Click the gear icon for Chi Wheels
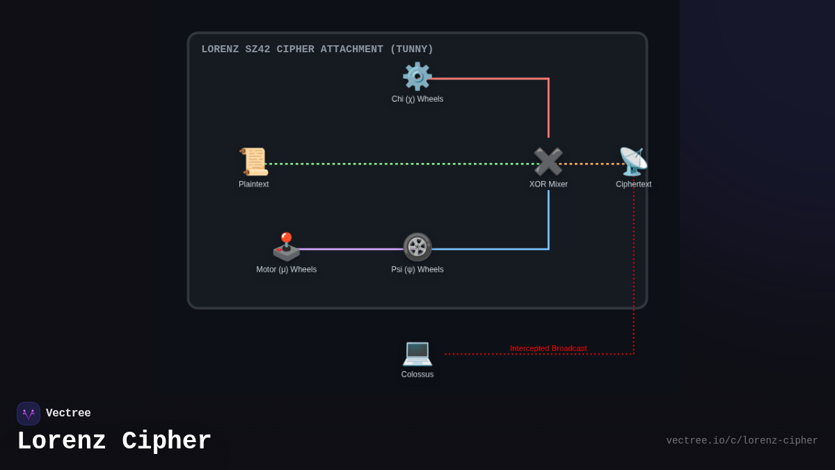point(417,77)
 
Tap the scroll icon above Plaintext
point(254,162)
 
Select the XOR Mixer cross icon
point(548,162)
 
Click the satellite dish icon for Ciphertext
point(633,162)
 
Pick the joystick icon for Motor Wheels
point(286,247)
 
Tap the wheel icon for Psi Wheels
point(417,247)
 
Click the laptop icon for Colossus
point(417,352)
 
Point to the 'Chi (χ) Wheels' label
point(417,99)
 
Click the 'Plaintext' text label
point(254,185)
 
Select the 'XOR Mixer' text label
point(548,185)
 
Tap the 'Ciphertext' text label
point(633,185)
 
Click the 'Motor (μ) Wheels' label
point(286,269)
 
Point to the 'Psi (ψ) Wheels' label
point(417,269)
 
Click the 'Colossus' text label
point(417,375)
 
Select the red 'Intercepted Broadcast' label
point(548,348)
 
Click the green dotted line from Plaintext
point(397,164)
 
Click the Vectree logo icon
point(29,414)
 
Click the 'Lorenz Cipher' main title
point(114,441)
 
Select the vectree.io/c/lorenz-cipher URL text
point(742,441)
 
